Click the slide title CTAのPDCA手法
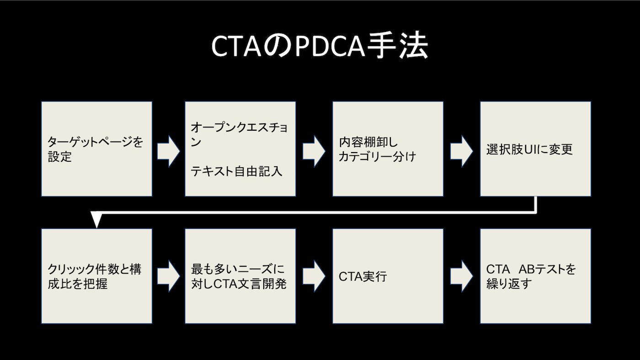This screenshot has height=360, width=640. [320, 47]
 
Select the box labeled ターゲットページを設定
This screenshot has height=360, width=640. [96, 149]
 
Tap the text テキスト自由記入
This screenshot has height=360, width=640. [236, 171]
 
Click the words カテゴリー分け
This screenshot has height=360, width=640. [377, 156]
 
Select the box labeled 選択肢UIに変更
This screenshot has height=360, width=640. [535, 149]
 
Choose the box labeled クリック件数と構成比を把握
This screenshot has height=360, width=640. [96, 276]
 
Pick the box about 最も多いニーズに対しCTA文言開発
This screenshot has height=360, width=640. [240, 276]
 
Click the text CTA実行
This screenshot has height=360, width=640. [363, 276]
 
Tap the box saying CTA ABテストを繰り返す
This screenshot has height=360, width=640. [535, 276]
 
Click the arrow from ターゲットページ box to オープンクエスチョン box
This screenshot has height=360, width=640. [169, 151]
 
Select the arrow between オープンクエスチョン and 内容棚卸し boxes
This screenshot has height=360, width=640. [314, 151]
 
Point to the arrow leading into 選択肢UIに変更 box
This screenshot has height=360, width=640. [462, 151]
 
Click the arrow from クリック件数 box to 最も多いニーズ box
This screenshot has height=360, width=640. [169, 276]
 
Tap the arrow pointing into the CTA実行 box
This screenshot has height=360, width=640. [314, 276]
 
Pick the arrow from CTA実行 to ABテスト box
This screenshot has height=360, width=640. [462, 276]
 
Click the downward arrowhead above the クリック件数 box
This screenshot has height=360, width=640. [95, 221]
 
